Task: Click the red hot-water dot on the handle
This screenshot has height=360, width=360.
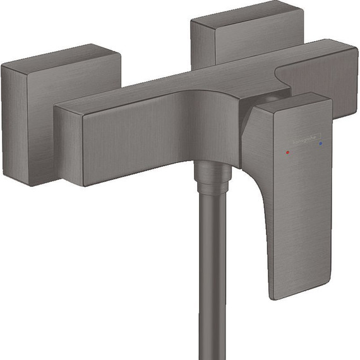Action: [288, 152]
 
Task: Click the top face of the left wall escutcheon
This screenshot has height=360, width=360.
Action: [57, 60]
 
